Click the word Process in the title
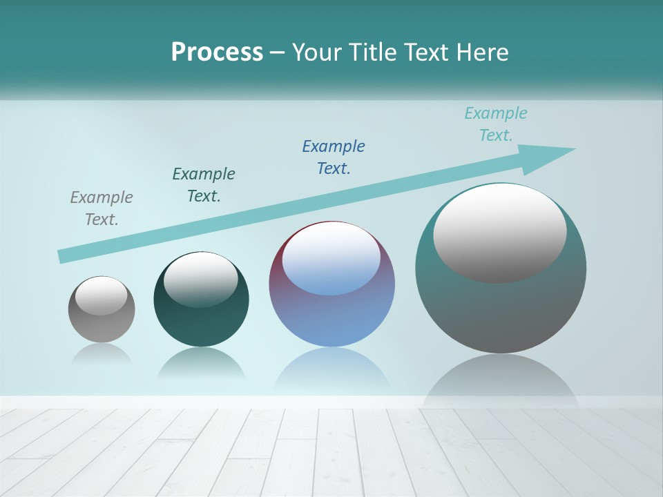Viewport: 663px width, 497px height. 217,52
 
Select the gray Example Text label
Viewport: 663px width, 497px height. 102,208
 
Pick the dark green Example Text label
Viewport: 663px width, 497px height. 204,184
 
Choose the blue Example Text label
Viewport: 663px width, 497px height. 334,157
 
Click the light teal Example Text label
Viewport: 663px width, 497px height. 495,124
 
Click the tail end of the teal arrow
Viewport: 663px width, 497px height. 62,256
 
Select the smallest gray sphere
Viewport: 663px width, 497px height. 102,324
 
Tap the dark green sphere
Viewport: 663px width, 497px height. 201,324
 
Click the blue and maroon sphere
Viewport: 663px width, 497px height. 332,318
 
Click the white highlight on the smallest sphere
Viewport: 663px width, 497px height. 102,295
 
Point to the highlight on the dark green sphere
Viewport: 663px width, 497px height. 201,280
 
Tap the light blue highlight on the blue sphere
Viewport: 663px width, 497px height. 331,259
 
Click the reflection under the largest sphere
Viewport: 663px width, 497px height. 501,380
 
